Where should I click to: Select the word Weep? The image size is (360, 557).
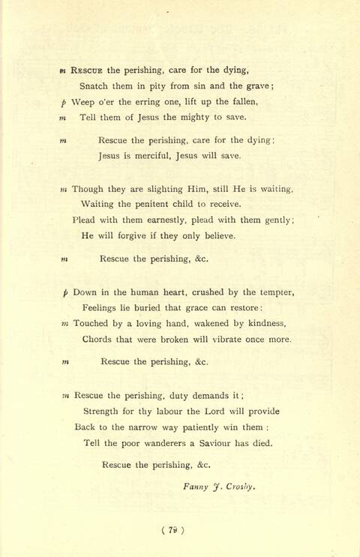84,102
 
